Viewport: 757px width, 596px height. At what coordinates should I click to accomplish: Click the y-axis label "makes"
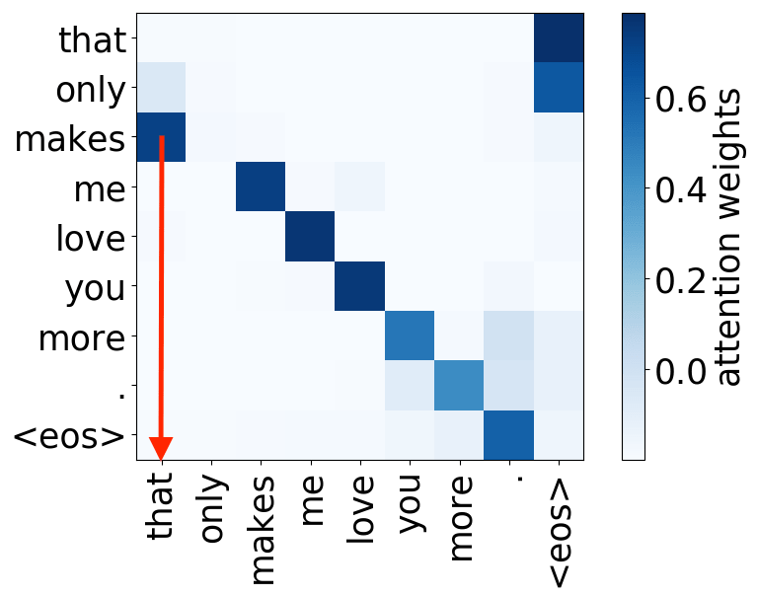[70, 139]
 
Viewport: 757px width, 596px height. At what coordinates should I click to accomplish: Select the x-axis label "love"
[360, 509]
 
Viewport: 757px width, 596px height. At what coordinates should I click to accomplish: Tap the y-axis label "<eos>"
[69, 437]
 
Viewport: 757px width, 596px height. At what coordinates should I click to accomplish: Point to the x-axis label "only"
[213, 509]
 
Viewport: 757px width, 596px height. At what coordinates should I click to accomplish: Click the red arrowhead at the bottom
[161, 448]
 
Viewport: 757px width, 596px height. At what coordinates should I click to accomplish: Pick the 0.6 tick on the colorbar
[681, 100]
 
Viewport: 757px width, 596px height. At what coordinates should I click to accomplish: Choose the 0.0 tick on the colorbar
[681, 371]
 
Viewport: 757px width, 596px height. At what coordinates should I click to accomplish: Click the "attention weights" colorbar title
[729, 237]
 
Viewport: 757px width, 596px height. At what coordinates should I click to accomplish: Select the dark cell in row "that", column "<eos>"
[559, 38]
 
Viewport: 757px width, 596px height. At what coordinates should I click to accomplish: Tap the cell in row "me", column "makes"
[261, 186]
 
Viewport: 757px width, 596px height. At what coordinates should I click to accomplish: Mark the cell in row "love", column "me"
[310, 237]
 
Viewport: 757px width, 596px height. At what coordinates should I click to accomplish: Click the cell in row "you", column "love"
[359, 286]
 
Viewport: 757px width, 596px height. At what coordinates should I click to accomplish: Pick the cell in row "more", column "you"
[410, 335]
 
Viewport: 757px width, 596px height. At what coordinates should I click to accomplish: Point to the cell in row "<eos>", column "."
[509, 435]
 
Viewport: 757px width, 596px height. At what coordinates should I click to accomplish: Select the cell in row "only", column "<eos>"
[559, 88]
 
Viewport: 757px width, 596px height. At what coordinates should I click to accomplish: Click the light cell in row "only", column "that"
[161, 88]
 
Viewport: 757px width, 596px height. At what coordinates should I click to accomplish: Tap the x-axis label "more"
[461, 519]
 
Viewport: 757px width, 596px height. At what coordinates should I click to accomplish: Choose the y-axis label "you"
[95, 289]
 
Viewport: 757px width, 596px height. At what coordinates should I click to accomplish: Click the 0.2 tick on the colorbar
[681, 281]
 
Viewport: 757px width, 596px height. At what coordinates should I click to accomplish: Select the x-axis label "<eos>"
[559, 532]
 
